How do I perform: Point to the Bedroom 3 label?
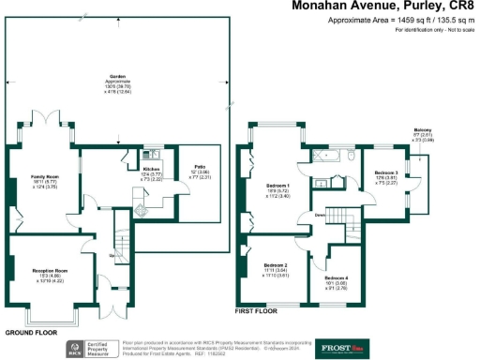coord(386,173)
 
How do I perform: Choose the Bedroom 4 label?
coord(336,279)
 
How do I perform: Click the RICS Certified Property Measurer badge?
coord(94,349)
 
